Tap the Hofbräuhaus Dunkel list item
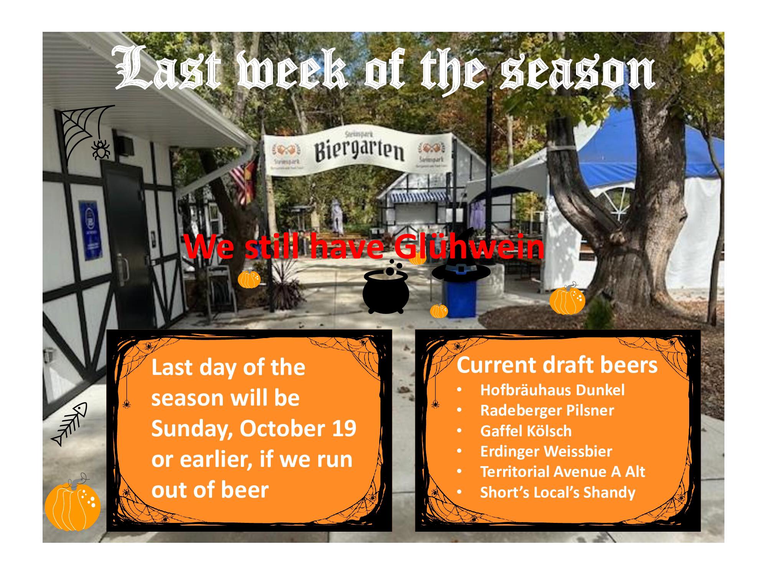pos(552,390)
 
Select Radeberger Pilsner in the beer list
pos(547,410)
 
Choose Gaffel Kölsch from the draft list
pos(526,431)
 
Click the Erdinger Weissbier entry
pos(546,451)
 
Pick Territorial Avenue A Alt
pos(563,472)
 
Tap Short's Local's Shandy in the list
pos(558,492)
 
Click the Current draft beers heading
pos(557,365)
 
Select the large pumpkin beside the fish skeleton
pos(72,504)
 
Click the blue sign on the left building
pos(91,230)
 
